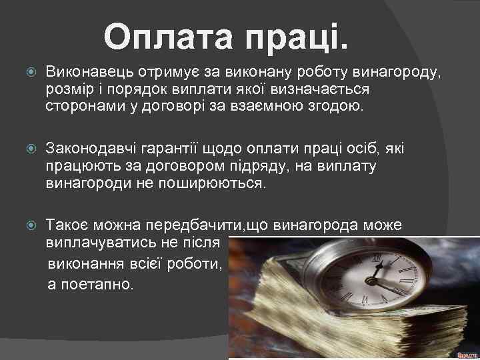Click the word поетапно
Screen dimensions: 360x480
(x=91, y=284)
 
